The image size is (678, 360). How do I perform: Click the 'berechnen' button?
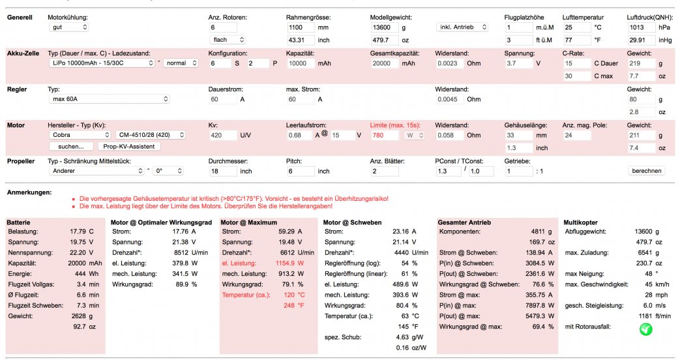[645, 171]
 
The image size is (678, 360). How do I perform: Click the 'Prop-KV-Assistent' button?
[129, 147]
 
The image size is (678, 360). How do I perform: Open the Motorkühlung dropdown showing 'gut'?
[69, 27]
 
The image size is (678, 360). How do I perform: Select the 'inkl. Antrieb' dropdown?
[462, 27]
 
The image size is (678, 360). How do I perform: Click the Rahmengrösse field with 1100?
[301, 27]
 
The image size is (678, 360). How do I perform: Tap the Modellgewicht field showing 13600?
[384, 27]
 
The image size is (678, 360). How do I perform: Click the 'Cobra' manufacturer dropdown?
[79, 135]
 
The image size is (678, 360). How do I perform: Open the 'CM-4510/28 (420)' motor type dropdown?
[150, 135]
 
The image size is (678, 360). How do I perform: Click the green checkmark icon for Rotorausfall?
[645, 330]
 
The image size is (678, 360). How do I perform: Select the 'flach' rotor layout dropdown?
[226, 40]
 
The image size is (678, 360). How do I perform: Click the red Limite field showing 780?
[384, 135]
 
